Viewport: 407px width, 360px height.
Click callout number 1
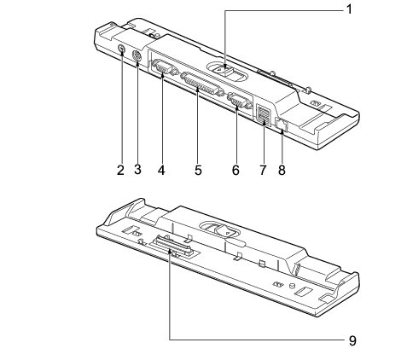(349, 9)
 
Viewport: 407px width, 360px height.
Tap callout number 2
(120, 171)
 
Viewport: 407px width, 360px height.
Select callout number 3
(137, 170)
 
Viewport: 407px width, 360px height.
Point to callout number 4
(161, 171)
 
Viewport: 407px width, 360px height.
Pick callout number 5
(198, 171)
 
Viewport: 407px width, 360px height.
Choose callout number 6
(235, 171)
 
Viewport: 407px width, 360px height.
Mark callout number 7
(263, 171)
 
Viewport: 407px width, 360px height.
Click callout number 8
(282, 171)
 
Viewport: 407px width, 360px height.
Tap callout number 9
(352, 340)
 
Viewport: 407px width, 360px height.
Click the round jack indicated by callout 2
(122, 49)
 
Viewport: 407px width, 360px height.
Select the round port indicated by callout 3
(137, 55)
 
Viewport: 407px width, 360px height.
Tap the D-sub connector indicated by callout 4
(164, 67)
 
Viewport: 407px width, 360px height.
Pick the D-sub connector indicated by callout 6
(240, 101)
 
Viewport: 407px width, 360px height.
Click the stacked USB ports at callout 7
(263, 114)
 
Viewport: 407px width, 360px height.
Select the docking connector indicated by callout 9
(172, 247)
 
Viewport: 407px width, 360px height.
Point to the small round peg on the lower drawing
(291, 285)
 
